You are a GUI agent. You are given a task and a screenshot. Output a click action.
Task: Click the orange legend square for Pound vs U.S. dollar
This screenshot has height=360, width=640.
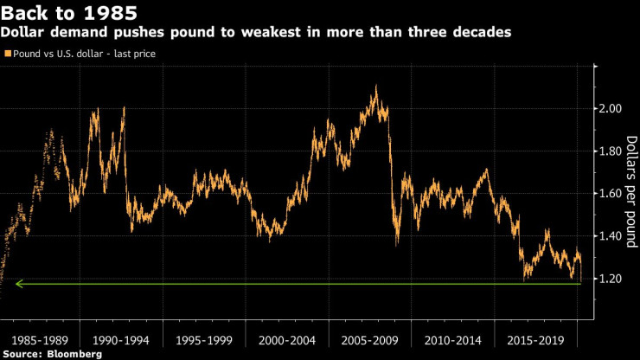point(8,54)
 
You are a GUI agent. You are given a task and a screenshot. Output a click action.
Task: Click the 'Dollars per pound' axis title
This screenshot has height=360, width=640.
point(630,192)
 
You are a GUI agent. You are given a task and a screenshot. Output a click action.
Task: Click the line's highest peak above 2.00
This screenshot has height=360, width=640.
point(375,87)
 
